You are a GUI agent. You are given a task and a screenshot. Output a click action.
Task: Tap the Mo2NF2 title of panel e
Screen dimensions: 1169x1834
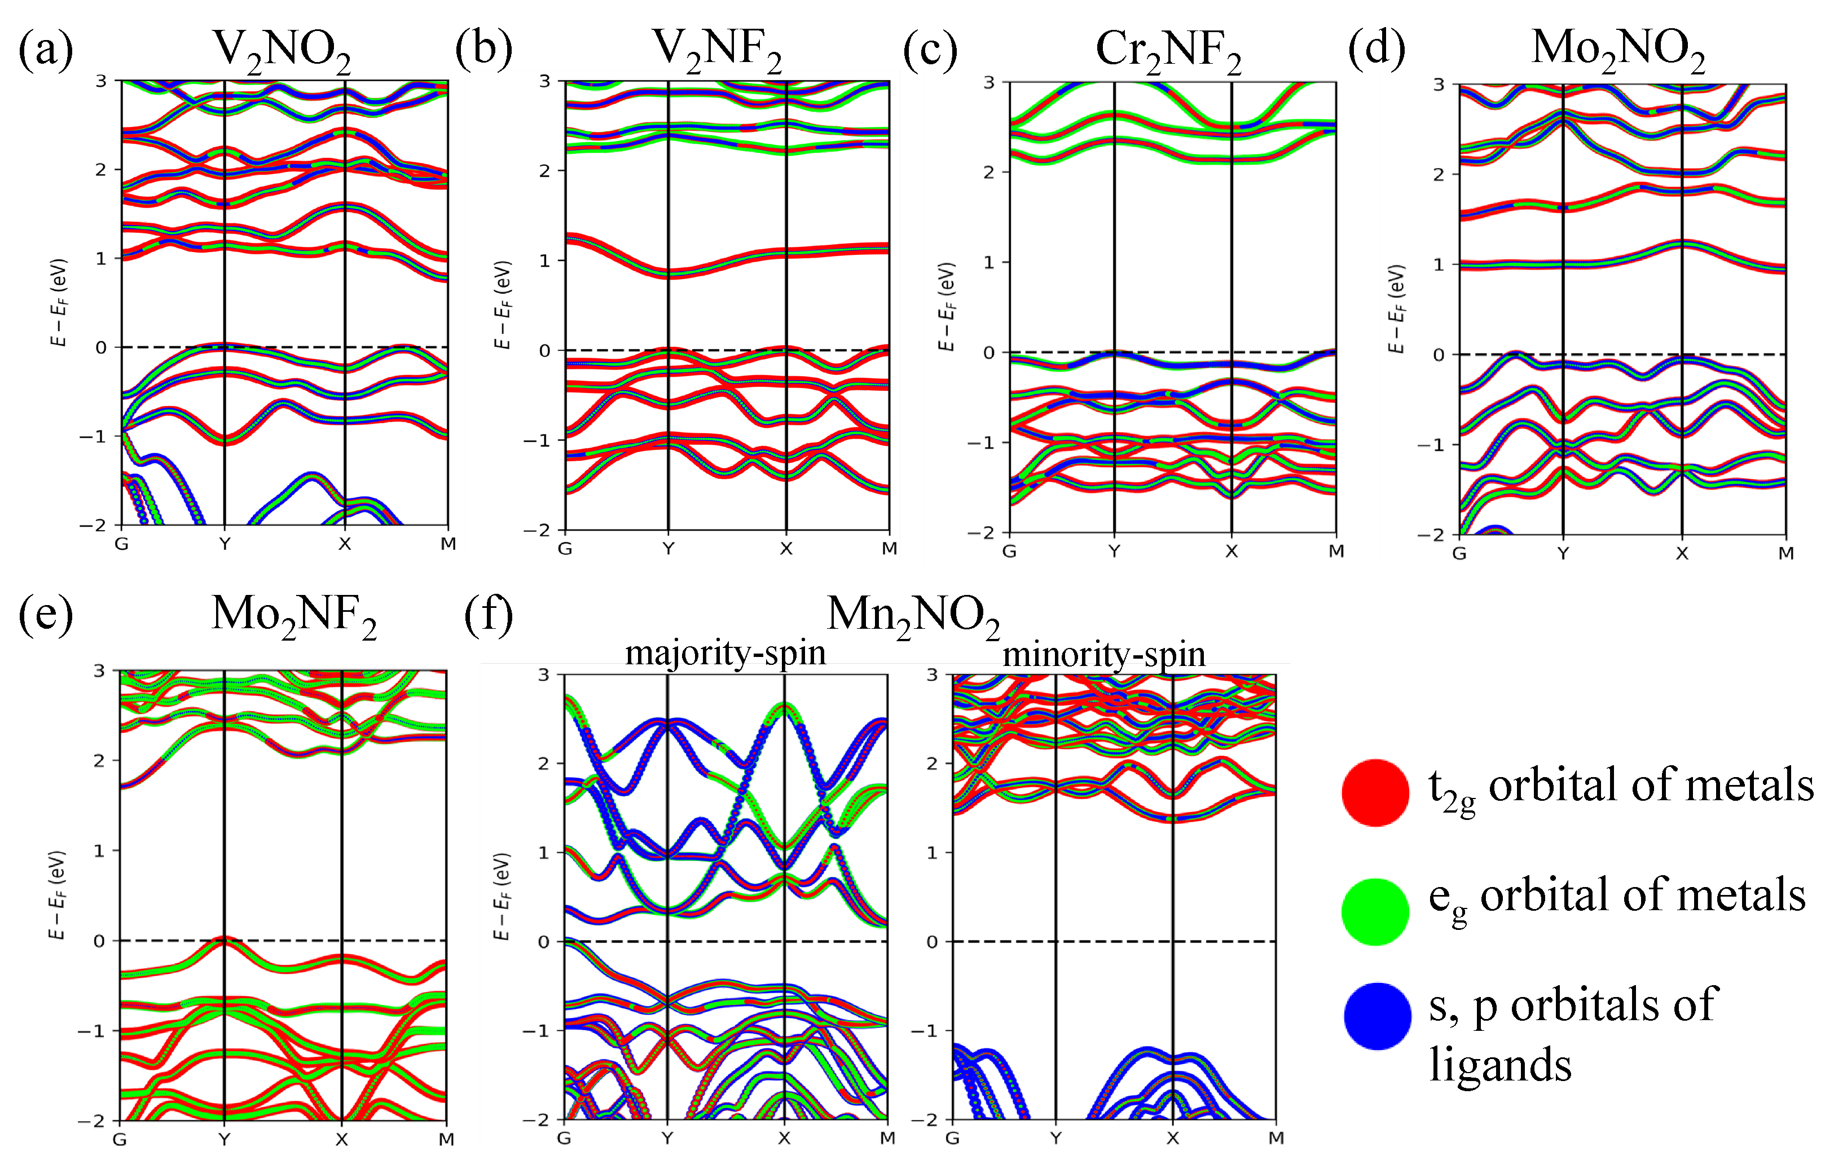click(294, 615)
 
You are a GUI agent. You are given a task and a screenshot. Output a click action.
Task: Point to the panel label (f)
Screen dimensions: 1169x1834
click(488, 615)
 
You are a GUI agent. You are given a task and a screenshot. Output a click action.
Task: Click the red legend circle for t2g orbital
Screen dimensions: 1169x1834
click(1375, 792)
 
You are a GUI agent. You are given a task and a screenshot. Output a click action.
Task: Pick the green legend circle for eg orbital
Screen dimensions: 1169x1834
click(1375, 912)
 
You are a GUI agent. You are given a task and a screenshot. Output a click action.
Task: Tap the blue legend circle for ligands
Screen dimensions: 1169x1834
click(1377, 1017)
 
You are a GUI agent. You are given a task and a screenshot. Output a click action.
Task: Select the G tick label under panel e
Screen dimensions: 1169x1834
click(120, 1139)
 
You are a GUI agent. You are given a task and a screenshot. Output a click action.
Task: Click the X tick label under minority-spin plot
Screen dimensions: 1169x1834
click(1172, 1139)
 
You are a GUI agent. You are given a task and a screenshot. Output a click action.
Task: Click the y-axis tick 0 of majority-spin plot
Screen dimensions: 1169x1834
click(543, 942)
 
